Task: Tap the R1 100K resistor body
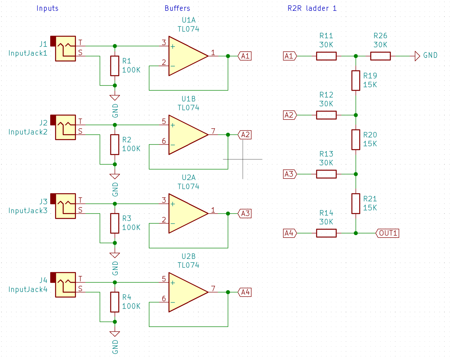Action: [115, 66]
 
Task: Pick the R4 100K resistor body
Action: [115, 302]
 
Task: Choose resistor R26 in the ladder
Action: [380, 56]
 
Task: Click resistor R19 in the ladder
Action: [356, 81]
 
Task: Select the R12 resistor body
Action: [326, 115]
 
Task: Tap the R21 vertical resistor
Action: [356, 204]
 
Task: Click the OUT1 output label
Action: [388, 233]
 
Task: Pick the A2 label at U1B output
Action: [245, 135]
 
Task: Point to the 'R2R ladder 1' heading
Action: [312, 8]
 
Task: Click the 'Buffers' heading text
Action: [177, 8]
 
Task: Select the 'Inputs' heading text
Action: [47, 8]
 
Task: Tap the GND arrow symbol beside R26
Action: [417, 56]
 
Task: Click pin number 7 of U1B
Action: [213, 131]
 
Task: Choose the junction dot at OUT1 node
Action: [356, 233]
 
